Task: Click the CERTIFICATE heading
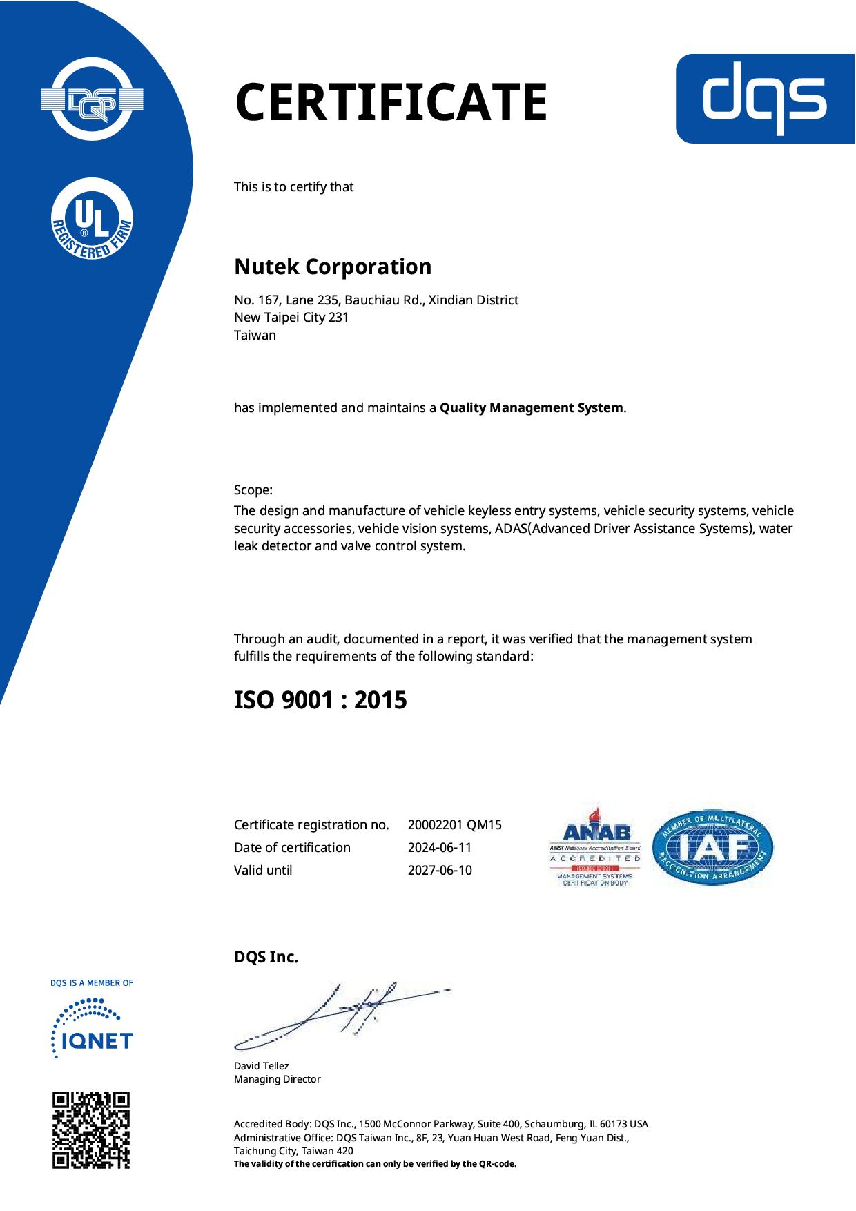coord(391,102)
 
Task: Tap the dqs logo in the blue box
coord(764,99)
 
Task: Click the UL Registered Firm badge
coord(93,219)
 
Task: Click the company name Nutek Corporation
coord(333,267)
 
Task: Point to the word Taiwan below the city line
coord(255,336)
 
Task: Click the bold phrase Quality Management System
coord(532,408)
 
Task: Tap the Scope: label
coord(253,490)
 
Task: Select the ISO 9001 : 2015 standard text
coord(320,700)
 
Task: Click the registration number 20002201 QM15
coord(454,824)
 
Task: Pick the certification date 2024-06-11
coord(440,847)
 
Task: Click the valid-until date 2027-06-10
coord(440,870)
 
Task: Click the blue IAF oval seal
coord(712,847)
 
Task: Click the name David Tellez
coord(261,1066)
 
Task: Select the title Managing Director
coord(277,1079)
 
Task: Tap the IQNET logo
coord(92,1029)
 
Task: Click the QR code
coord(91,1130)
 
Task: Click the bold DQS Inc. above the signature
coord(266,958)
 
